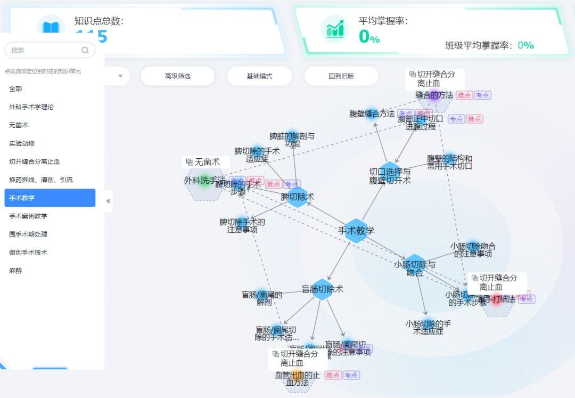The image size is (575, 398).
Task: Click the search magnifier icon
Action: coord(85,50)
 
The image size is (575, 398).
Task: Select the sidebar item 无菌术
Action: coord(19,125)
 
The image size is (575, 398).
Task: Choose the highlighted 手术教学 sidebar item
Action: coord(50,198)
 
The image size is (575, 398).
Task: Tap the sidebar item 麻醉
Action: coord(15,271)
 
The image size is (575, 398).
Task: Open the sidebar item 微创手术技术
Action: coord(28,253)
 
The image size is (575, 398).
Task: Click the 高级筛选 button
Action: coord(177,76)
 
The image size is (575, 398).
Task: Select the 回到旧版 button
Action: coord(341,76)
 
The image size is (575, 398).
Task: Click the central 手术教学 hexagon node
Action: coord(356,231)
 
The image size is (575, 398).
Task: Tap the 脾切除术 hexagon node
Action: coord(298,197)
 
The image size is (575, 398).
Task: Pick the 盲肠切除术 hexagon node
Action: coord(322,289)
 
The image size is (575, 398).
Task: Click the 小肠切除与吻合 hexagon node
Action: coord(415,265)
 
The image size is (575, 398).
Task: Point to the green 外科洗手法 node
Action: coord(204,182)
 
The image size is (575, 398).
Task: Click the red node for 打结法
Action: coord(496,299)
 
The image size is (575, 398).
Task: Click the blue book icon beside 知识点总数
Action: coord(51,28)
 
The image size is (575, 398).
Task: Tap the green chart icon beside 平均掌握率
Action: coord(335,29)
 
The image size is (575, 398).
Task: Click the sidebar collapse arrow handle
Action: coord(108,201)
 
